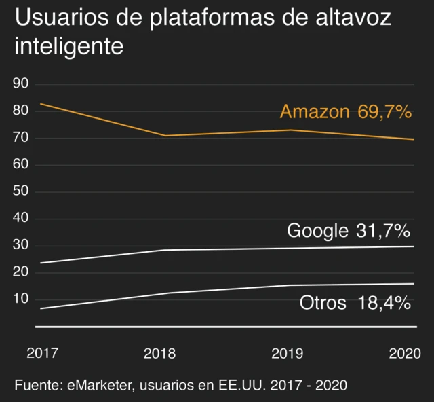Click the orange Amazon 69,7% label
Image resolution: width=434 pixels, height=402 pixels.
346,112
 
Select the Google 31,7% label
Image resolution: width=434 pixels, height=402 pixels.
349,232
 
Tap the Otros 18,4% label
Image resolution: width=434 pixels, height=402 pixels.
355,303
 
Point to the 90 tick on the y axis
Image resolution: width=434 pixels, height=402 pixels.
20,84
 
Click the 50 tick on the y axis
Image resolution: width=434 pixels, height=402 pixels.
20,192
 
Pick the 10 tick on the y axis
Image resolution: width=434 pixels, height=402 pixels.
20,299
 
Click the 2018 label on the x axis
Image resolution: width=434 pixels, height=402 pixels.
160,353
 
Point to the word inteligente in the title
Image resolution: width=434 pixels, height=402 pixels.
68,47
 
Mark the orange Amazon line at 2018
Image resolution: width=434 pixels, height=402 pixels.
164,136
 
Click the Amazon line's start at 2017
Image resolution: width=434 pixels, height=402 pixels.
42,104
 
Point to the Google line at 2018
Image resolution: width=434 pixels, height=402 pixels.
164,250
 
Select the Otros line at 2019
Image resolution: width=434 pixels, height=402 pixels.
291,285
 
